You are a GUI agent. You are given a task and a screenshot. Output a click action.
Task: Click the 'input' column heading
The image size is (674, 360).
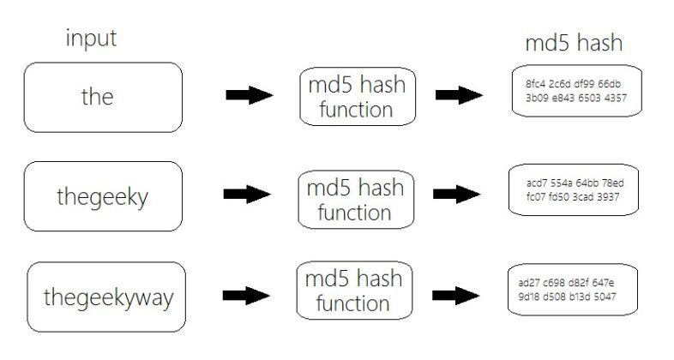tap(91, 39)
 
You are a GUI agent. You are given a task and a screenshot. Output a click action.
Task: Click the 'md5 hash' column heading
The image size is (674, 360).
tap(573, 42)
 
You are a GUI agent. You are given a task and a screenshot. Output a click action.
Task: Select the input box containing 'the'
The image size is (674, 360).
tap(102, 97)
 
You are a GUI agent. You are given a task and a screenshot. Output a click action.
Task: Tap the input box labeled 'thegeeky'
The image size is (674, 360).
tap(103, 196)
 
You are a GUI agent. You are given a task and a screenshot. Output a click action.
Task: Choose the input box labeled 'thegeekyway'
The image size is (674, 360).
tap(108, 297)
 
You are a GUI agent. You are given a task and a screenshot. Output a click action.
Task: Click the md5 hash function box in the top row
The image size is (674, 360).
tap(356, 97)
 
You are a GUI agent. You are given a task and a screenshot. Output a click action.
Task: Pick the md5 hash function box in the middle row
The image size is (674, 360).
tap(355, 200)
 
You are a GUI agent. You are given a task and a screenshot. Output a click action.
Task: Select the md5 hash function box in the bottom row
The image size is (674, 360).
tap(355, 292)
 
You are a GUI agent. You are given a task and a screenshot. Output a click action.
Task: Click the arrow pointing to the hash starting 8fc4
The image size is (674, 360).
tap(458, 96)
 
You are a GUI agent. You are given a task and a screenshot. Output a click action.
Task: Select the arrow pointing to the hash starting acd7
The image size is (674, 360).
tap(458, 195)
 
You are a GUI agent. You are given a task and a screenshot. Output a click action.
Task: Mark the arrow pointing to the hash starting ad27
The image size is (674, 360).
tap(458, 293)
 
